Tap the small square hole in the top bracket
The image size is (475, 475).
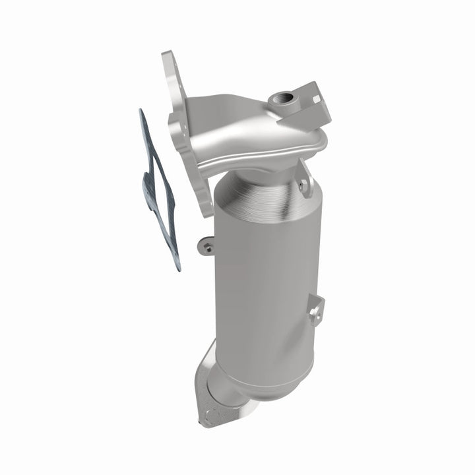tap(316, 99)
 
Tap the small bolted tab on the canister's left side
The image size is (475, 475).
tap(207, 247)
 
